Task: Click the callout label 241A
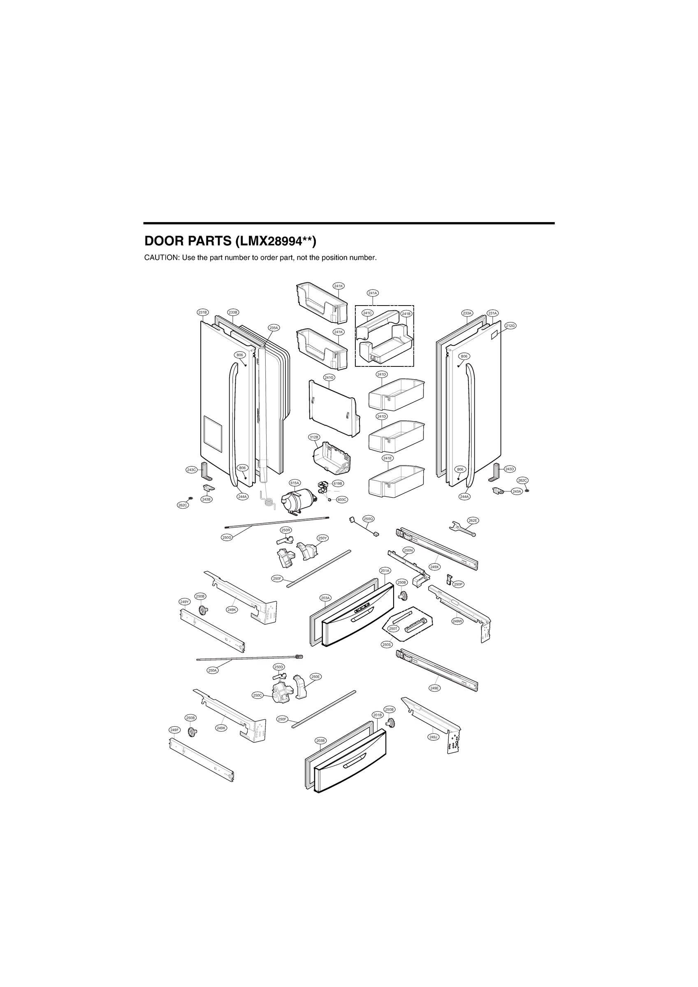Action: click(372, 293)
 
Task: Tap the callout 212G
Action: click(510, 325)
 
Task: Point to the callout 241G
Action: click(329, 377)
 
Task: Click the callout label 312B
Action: click(314, 437)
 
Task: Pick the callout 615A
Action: click(295, 483)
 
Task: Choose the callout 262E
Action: click(473, 520)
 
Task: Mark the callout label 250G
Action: click(227, 538)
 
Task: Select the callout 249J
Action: click(434, 737)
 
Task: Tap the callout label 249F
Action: click(175, 730)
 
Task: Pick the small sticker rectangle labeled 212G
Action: click(494, 333)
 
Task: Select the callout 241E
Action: click(387, 458)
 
